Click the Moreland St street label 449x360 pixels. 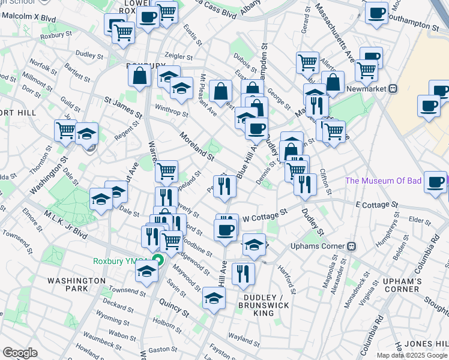(x=196, y=147)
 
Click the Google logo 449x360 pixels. (x=20, y=352)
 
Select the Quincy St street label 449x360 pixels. (x=174, y=313)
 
